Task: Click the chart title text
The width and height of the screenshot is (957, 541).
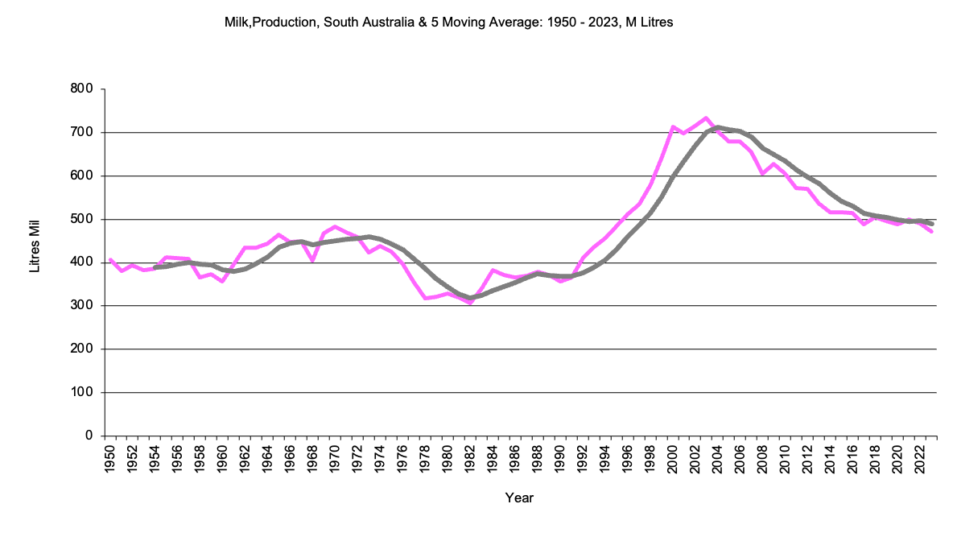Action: point(448,23)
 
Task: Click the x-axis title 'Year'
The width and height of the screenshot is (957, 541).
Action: point(519,498)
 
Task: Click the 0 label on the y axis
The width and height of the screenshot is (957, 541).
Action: point(89,436)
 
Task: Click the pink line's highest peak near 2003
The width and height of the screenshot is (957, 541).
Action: point(705,118)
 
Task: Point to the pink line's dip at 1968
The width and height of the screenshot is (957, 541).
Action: point(312,261)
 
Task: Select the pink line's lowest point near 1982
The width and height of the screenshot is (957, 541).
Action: point(470,303)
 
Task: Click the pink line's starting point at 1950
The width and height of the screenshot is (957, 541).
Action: point(110,259)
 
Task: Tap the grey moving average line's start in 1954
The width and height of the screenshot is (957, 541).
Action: point(155,267)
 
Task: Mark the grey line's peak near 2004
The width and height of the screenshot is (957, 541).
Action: point(717,127)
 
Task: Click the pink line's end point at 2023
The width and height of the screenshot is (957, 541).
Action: point(932,232)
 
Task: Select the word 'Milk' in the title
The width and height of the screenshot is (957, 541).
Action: point(237,23)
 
